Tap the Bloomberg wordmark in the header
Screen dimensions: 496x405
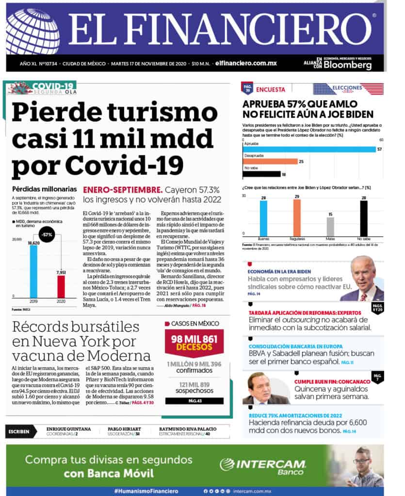[348, 65]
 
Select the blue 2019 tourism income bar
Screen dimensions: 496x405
[33, 271]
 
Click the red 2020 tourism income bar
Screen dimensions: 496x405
[61, 286]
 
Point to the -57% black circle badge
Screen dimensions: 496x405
[47, 234]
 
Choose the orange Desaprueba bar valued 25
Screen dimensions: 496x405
[270, 161]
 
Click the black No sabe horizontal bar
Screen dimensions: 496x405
[261, 174]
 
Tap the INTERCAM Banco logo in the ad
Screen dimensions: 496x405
[263, 465]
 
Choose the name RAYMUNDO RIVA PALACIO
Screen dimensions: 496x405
[188, 429]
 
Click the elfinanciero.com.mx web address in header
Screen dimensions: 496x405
[246, 63]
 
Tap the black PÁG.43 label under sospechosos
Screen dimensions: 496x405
[194, 401]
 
